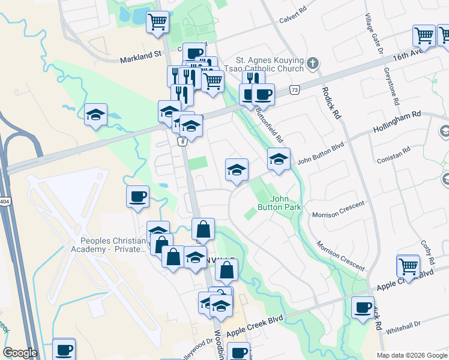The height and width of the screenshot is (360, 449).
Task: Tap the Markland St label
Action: click(141, 59)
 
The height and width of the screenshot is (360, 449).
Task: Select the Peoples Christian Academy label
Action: click(109, 244)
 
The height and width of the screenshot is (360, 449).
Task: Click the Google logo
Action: click(20, 353)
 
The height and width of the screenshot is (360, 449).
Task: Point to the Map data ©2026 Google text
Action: click(412, 355)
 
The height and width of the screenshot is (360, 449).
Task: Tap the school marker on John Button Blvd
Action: click(279, 161)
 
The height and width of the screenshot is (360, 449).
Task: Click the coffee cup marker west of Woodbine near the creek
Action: click(137, 197)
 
